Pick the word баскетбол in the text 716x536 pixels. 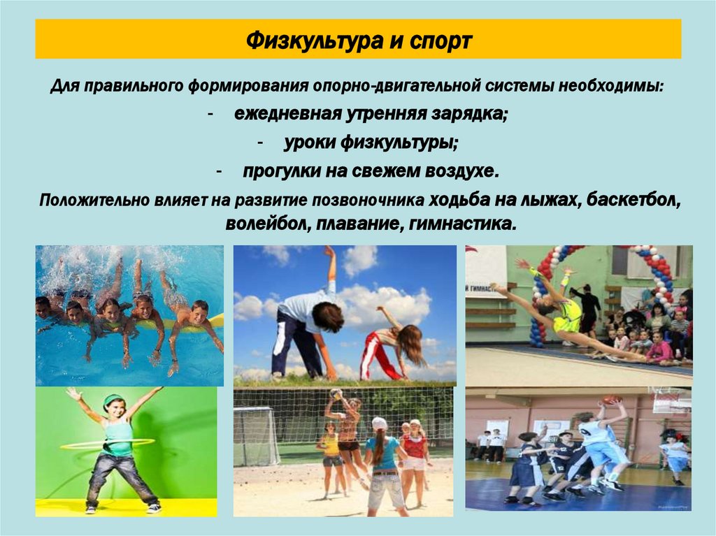633,200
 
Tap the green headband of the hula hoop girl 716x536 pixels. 112,399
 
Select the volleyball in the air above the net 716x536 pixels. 336,393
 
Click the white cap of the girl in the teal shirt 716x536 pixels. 380,423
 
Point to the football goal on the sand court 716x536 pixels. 256,436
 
